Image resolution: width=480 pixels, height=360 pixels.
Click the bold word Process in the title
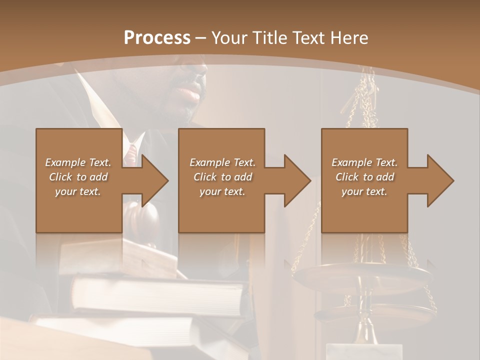point(157,38)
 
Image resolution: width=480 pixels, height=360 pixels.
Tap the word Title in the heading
point(268,38)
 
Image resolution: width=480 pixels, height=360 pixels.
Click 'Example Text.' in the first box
point(78,162)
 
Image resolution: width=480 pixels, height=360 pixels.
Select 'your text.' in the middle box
point(222,191)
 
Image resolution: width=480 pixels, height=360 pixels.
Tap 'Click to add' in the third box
point(364,177)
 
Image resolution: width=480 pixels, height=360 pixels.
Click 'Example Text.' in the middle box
point(222,162)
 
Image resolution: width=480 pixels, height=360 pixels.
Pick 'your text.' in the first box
point(78,191)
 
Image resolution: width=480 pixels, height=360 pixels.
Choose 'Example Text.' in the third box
point(364,162)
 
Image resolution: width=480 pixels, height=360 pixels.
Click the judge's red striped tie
point(131,152)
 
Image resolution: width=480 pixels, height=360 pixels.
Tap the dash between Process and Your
point(200,38)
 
